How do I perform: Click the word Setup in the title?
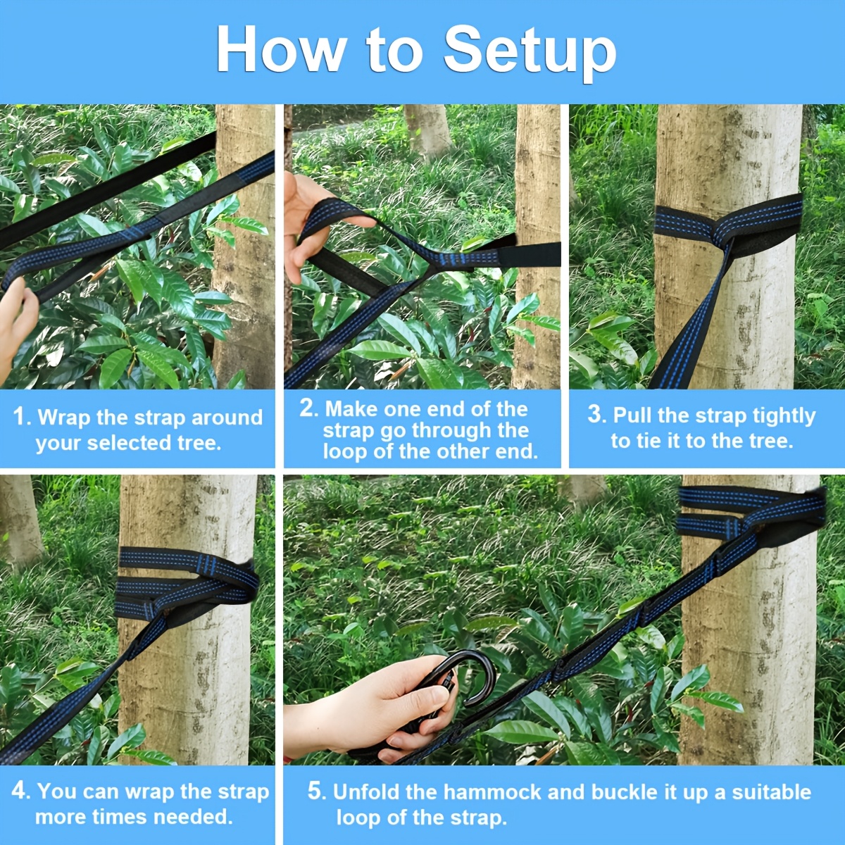coord(530,51)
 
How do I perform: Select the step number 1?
coord(19,416)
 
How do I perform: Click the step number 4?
coord(19,791)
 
